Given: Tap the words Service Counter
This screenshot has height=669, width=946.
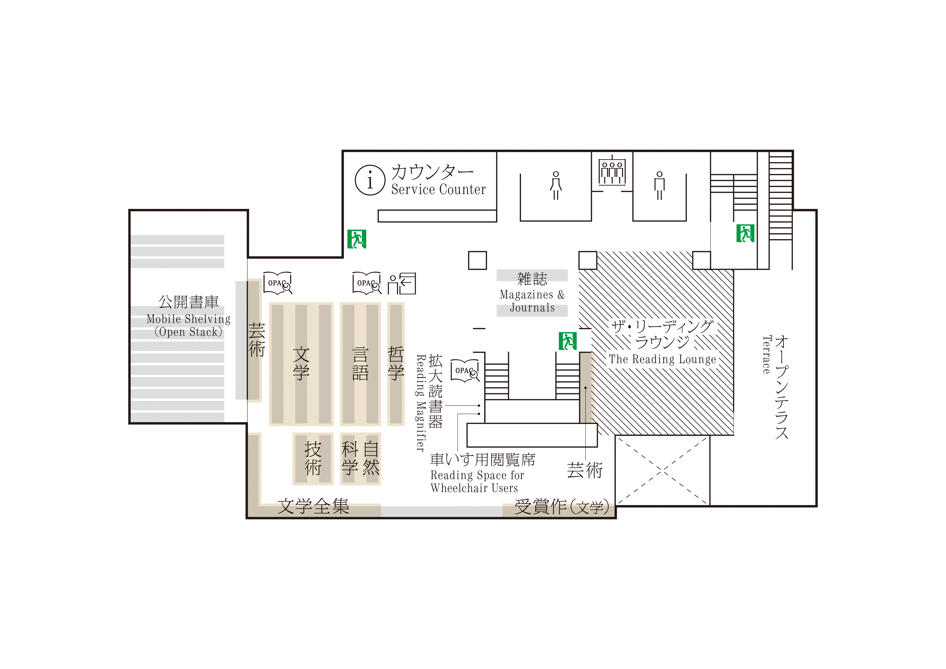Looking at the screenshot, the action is [438, 190].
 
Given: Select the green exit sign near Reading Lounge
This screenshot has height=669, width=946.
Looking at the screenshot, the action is [568, 341].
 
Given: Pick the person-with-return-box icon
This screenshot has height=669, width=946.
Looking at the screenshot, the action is [402, 283].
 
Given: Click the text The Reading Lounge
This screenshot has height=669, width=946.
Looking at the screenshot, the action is [662, 359].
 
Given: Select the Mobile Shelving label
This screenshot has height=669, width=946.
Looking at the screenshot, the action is [188, 319].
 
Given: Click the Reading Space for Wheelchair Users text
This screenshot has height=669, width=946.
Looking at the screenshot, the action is [477, 482].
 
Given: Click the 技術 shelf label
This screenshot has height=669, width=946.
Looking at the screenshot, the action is [313, 458].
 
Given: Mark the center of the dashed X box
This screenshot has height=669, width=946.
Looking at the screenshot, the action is [662, 470].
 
